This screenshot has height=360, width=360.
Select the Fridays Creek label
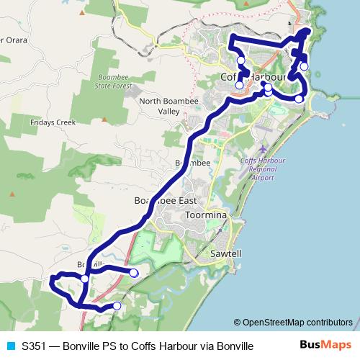point(53,122)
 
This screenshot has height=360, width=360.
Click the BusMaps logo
point(324,345)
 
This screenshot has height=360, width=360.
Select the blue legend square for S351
point(9,346)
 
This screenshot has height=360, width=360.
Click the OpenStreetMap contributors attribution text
point(293,322)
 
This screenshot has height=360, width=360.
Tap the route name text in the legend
point(138,346)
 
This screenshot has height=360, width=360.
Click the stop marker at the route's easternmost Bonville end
point(134,272)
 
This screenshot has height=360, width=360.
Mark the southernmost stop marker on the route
point(117,306)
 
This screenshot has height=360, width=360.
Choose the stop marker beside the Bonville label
point(84,278)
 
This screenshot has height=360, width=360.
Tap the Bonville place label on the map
point(91,265)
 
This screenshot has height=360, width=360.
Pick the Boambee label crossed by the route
point(192,163)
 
